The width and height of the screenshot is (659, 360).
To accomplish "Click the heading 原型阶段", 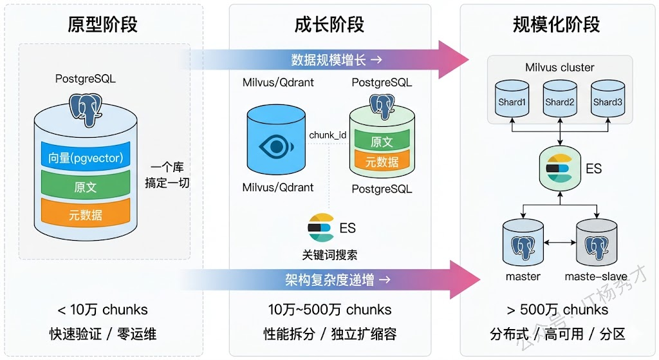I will click(102, 24).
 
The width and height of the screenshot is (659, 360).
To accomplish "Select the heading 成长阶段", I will click(329, 24).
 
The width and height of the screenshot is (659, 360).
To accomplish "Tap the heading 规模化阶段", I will click(557, 24).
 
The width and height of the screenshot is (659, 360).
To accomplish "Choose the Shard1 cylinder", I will click(512, 102).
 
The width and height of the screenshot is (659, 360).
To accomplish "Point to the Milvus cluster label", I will click(560, 68).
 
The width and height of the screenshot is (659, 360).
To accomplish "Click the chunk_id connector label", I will click(328, 135).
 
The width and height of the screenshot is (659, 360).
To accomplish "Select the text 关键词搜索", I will click(329, 254).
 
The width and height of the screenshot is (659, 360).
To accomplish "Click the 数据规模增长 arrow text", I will click(336, 60).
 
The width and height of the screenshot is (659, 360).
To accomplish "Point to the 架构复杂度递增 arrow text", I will click(338, 280).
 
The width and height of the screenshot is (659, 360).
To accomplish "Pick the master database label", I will click(523, 276).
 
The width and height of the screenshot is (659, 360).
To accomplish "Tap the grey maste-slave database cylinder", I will click(595, 245).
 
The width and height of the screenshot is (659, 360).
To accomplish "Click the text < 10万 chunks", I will click(102, 310).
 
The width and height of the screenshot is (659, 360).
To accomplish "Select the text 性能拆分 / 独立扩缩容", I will click(329, 334).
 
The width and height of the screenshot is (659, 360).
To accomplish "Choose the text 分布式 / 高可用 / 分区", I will click(557, 334).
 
